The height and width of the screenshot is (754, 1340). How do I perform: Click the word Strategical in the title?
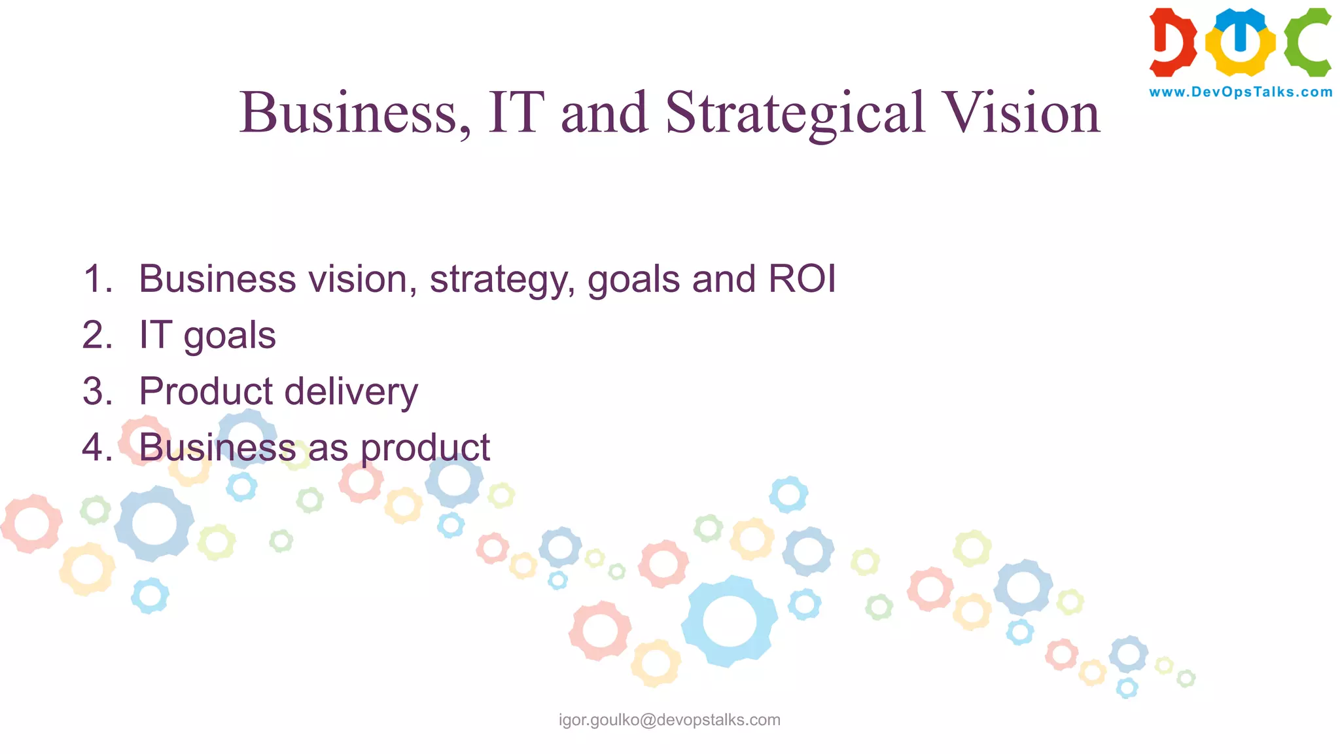click(795, 113)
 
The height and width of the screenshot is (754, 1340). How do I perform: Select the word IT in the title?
click(516, 113)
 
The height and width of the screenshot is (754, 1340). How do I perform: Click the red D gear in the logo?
click(1172, 42)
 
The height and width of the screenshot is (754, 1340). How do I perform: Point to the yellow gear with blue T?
click(1240, 42)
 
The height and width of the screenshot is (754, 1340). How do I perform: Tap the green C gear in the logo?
click(1307, 42)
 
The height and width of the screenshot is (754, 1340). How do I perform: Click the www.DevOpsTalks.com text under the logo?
click(1241, 92)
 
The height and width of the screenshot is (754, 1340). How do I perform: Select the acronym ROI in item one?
click(802, 279)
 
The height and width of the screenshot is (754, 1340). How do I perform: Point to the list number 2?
click(97, 335)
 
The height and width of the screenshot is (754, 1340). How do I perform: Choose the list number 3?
click(97, 391)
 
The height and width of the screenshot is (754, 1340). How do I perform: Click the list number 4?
click(97, 448)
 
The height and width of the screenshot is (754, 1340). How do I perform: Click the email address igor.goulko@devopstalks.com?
click(669, 720)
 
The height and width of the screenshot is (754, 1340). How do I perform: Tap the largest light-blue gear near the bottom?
click(729, 620)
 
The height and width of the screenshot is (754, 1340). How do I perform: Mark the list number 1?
click(97, 279)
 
